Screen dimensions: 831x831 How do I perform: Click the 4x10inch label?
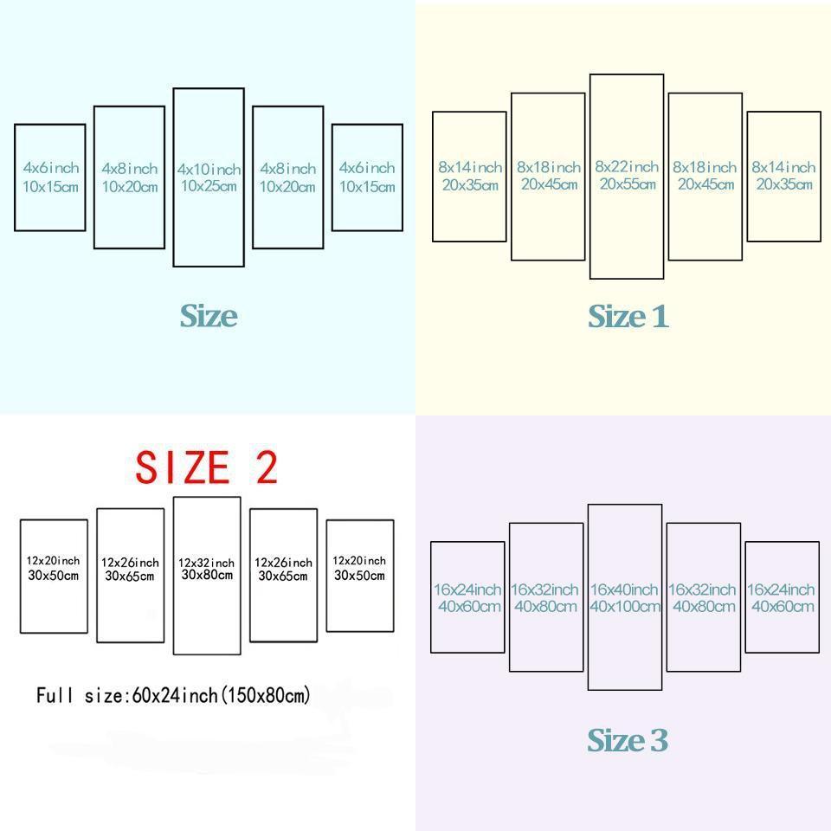[209, 170]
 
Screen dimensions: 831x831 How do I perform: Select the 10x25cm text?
[209, 186]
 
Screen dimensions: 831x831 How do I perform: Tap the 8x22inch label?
[627, 167]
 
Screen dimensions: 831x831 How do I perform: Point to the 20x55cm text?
[628, 184]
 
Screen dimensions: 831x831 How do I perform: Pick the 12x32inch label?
[206, 563]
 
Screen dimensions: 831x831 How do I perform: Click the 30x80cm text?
[207, 575]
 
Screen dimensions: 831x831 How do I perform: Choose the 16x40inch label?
[624, 589]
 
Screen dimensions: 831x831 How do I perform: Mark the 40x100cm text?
[625, 606]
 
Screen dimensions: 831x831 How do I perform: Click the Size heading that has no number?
[209, 316]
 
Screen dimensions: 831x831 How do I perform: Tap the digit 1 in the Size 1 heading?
[660, 317]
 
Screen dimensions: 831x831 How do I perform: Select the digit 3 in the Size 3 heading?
[660, 740]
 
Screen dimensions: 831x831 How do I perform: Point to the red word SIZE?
[183, 467]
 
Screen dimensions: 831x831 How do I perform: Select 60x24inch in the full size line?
[174, 695]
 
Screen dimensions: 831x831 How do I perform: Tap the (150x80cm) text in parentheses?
[265, 695]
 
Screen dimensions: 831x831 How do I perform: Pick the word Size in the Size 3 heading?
[615, 740]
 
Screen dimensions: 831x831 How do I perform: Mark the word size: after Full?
[107, 695]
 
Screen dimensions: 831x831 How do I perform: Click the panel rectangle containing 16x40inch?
[589, 597]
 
